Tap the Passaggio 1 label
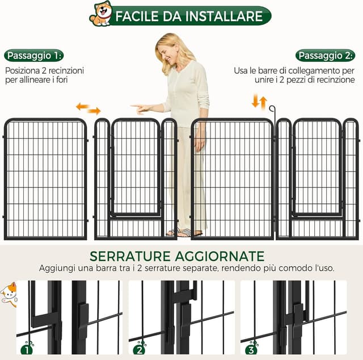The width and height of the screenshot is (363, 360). coord(33,56)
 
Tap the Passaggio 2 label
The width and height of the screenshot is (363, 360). coord(327,56)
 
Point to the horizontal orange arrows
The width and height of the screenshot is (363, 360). coord(88,108)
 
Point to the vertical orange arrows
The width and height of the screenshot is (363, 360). coord(259,102)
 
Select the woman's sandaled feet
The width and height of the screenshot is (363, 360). coord(184,232)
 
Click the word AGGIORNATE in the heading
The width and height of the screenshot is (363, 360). coord(225,256)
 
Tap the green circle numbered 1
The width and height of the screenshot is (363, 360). coord(26,349)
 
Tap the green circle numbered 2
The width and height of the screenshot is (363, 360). coord(139,349)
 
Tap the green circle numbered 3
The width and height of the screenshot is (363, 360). coord(251,349)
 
